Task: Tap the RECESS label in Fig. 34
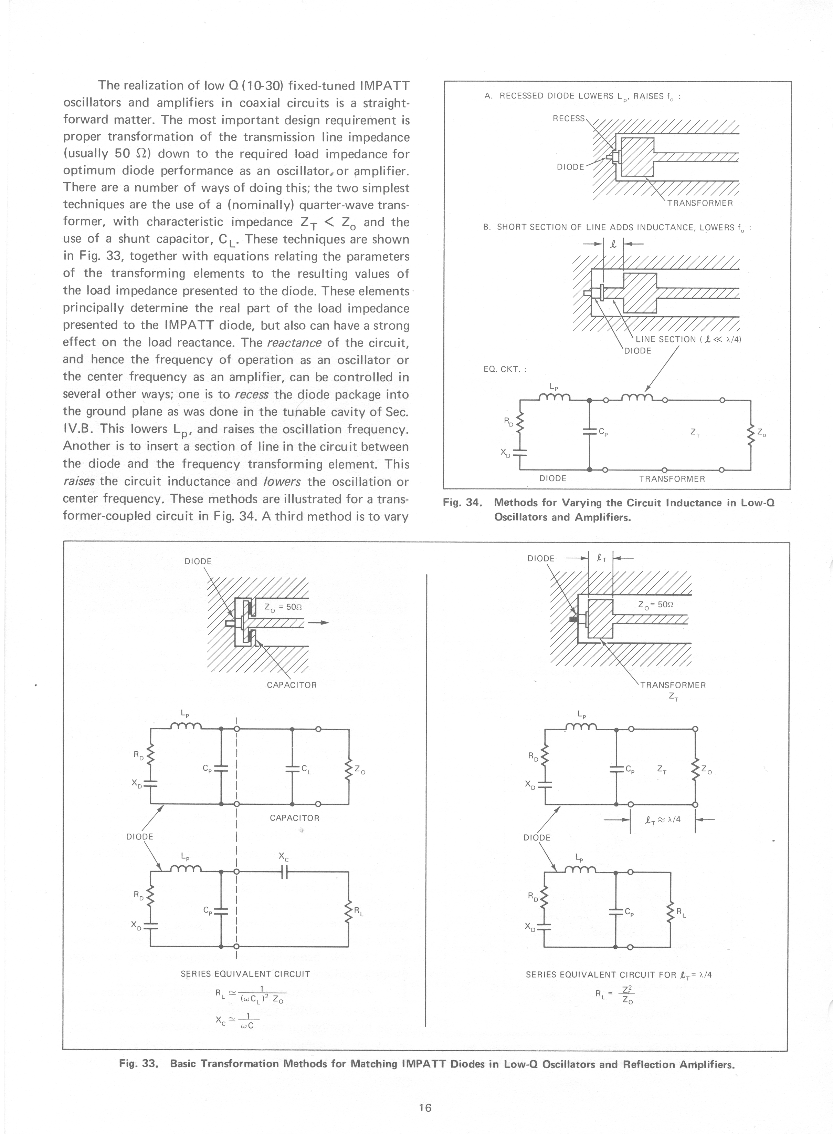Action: pyautogui.click(x=568, y=118)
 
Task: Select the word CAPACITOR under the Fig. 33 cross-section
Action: pyautogui.click(x=292, y=685)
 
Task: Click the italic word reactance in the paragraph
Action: pyautogui.click(x=294, y=343)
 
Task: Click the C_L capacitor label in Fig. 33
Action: pyautogui.click(x=306, y=769)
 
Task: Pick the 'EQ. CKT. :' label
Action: pyautogui.click(x=505, y=369)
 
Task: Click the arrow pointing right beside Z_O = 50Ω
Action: pyautogui.click(x=318, y=622)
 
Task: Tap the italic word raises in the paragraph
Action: pyautogui.click(x=79, y=481)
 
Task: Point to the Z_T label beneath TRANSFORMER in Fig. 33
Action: pyautogui.click(x=673, y=697)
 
